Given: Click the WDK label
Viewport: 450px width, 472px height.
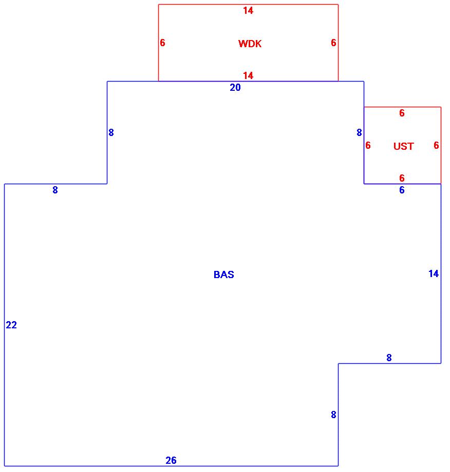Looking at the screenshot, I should click(250, 44).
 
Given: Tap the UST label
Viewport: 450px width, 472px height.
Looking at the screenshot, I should click(403, 147).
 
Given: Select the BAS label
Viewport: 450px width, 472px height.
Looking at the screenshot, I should click(223, 275).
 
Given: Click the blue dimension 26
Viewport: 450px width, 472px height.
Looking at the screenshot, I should click(171, 461).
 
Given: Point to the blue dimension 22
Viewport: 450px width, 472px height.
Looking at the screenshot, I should click(11, 325).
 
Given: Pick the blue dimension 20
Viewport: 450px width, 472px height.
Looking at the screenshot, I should click(235, 88).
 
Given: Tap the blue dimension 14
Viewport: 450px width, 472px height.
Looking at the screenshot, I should click(434, 274).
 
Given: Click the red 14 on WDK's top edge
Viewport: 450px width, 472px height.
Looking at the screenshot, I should click(248, 11).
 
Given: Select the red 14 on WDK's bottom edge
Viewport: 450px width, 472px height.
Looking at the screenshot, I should click(248, 76).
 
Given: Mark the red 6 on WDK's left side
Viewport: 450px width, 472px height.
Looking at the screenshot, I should click(162, 43).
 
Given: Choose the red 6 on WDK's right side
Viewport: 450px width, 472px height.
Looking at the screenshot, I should click(333, 43).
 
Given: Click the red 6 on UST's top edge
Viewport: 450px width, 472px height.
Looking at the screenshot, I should click(402, 113).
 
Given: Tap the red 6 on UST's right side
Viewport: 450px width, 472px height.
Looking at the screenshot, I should click(436, 146).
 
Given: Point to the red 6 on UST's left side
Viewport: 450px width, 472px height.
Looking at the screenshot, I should click(368, 146).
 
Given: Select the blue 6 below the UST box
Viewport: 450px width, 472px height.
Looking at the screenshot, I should click(402, 190).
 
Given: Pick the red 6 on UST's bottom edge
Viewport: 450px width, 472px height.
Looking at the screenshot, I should click(402, 179).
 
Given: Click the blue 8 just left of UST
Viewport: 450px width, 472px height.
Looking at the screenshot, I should click(359, 133).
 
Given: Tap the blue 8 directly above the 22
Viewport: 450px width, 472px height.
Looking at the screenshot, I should click(55, 190).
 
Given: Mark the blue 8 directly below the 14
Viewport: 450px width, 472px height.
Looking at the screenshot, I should click(389, 358).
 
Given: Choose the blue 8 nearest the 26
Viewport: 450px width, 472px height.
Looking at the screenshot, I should click(333, 415).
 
